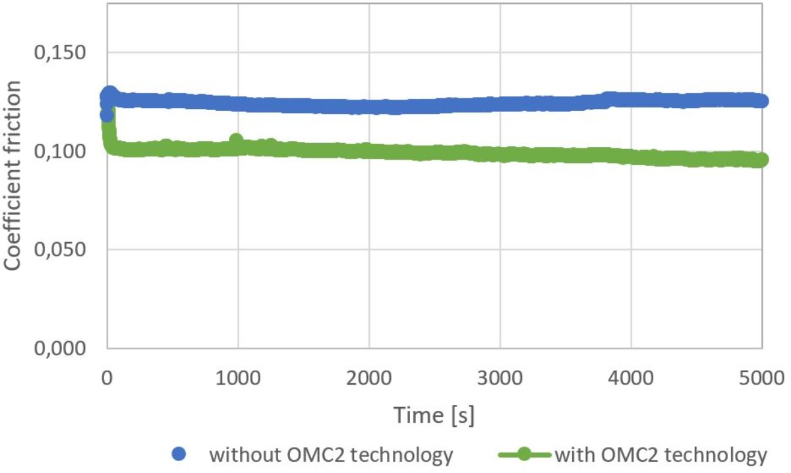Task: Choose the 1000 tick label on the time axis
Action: (237, 379)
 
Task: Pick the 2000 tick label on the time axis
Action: (368, 379)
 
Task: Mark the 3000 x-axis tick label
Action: (500, 379)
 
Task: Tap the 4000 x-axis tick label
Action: (631, 379)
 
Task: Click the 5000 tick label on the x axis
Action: (763, 379)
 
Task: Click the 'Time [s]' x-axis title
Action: (434, 415)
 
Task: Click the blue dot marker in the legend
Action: (179, 455)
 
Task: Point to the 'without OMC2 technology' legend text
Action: (331, 455)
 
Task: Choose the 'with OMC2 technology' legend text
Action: (661, 455)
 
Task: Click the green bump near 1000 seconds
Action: (236, 140)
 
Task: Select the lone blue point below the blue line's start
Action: (107, 115)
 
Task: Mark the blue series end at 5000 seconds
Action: (761, 101)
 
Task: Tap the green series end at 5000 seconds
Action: (761, 160)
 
